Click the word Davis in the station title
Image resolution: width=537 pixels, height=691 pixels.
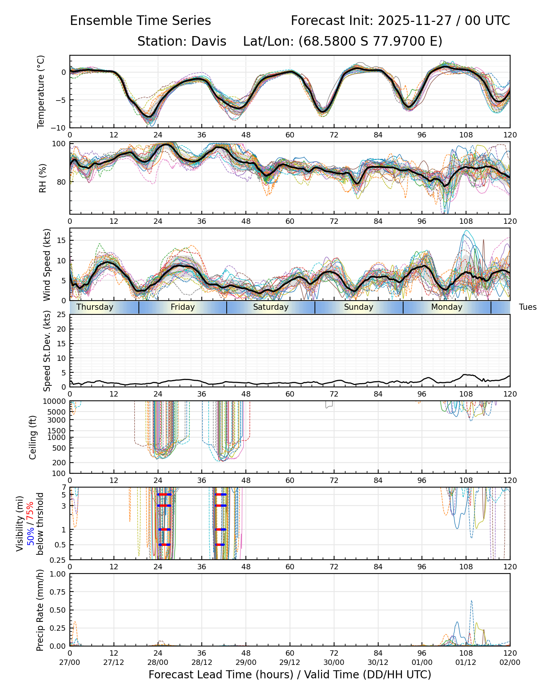click(209, 41)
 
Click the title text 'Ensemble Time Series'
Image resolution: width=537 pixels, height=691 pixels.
click(140, 21)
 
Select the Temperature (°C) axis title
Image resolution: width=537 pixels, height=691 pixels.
click(41, 91)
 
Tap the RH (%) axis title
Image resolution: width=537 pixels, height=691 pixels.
click(42, 178)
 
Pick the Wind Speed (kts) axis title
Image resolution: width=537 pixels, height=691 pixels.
click(47, 264)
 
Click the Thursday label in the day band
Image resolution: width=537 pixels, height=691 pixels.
click(95, 307)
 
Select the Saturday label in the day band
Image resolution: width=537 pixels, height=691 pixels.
click(271, 307)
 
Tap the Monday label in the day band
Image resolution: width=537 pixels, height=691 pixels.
click(446, 307)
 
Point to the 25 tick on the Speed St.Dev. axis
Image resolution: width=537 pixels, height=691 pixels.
click(61, 315)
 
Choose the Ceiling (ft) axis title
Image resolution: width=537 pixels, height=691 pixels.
click(33, 437)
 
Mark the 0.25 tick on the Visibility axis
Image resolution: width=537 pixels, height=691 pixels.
click(58, 560)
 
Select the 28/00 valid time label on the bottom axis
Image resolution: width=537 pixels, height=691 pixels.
click(158, 662)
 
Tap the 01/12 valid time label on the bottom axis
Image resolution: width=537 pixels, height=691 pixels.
click(466, 662)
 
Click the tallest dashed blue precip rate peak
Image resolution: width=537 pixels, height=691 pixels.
click(471, 601)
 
